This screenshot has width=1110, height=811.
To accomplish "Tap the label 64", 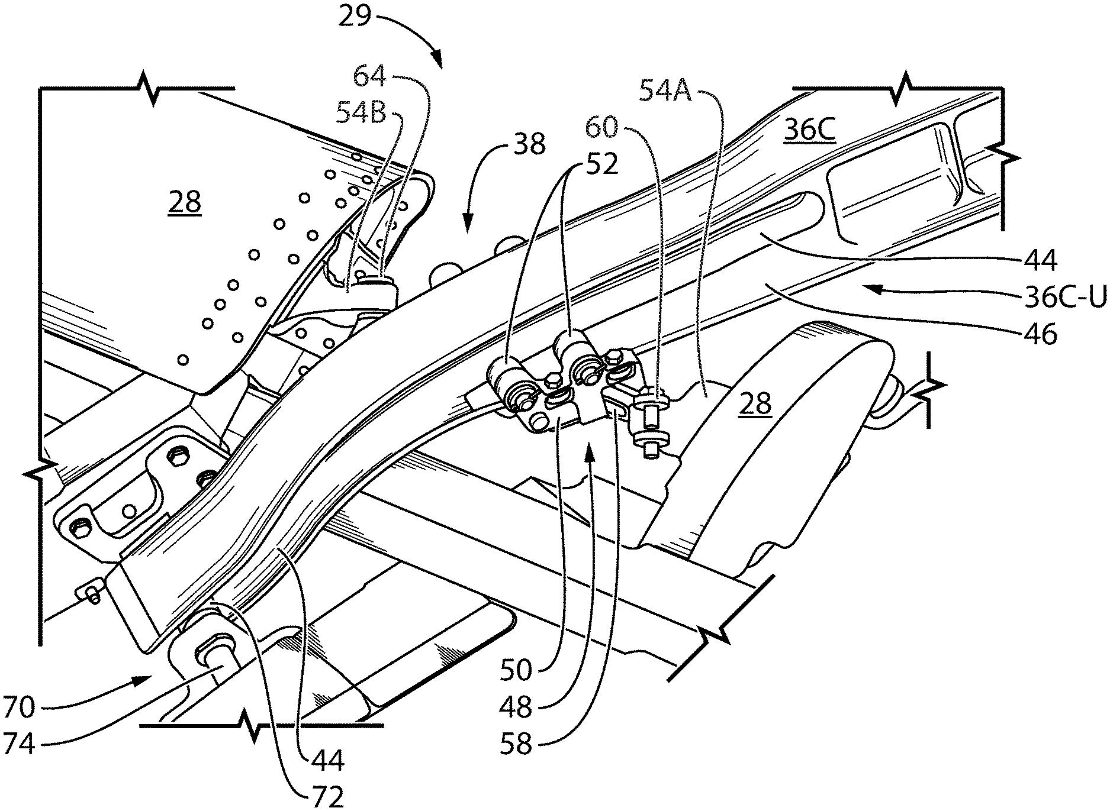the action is [x=370, y=77].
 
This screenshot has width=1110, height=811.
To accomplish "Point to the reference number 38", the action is [x=529, y=144].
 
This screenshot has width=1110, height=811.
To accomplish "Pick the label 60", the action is [x=603, y=128].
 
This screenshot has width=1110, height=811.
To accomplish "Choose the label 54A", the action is [x=665, y=91].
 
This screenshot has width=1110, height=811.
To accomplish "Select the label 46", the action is [x=1040, y=335].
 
